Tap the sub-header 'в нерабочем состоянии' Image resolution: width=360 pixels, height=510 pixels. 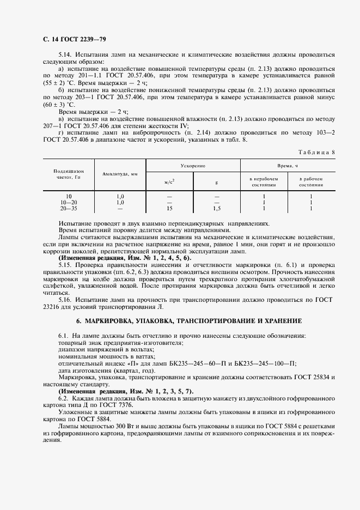(264, 181)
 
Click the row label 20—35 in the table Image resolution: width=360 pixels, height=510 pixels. (69, 208)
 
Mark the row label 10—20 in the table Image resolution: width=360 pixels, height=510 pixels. (69, 202)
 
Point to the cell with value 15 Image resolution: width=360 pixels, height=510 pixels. (169, 208)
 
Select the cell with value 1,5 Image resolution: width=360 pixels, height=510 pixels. (217, 208)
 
